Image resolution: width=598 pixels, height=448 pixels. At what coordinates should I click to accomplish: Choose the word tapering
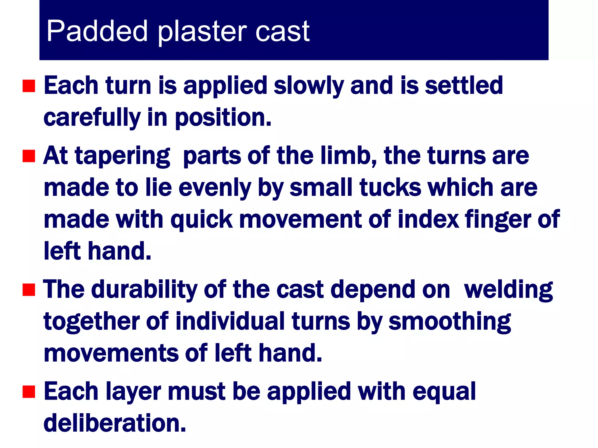pyautogui.click(x=123, y=156)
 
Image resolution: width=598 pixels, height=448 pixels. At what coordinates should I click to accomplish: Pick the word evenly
pyautogui.click(x=215, y=188)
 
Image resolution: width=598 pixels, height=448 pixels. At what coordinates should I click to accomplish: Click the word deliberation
pyautogui.click(x=114, y=423)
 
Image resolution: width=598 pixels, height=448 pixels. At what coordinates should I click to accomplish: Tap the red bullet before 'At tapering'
pyautogui.click(x=29, y=156)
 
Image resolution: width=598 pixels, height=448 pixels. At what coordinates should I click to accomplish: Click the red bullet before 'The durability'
pyautogui.click(x=29, y=290)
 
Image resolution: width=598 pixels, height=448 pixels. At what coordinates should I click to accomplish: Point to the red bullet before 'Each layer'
pyautogui.click(x=29, y=392)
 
